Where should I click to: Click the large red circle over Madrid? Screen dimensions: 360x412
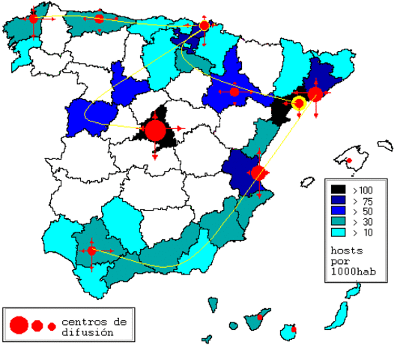tap(155, 130)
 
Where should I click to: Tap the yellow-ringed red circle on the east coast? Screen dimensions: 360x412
tap(298, 103)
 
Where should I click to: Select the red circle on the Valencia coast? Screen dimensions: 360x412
tap(258, 173)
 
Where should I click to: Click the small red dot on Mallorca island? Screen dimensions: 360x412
tap(348, 160)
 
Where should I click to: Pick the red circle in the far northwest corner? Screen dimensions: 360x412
tap(33, 19)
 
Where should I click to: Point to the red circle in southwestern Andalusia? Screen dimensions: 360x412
tap(91, 250)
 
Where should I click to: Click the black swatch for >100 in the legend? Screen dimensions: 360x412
tap(339, 190)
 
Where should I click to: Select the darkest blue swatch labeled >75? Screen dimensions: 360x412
tap(339, 201)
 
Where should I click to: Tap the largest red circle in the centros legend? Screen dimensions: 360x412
tap(19, 325)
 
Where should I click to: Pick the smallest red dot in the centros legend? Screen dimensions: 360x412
tap(52, 326)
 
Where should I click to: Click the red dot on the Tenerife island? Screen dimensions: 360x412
tap(260, 318)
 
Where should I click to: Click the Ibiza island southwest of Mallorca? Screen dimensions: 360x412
tap(307, 182)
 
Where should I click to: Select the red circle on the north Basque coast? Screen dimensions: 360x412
tap(205, 26)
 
